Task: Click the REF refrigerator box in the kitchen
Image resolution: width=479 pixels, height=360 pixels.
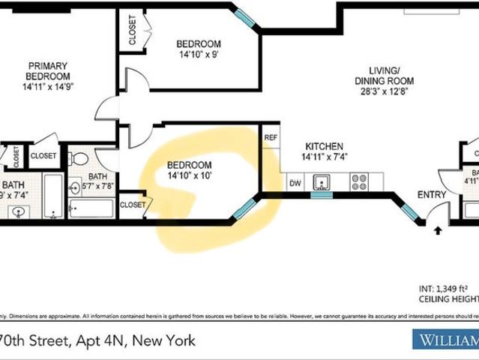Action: (271, 137)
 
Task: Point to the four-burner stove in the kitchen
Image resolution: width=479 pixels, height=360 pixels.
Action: (359, 181)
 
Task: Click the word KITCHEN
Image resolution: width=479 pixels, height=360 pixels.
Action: (324, 146)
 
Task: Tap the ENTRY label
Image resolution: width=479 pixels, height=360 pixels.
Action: (432, 195)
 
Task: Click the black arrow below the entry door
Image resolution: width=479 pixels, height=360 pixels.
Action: (438, 231)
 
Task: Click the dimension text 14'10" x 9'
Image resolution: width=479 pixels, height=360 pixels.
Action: (199, 55)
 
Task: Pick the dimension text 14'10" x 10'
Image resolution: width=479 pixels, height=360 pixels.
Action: (190, 176)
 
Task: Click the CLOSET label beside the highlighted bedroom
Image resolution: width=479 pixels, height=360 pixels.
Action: (133, 204)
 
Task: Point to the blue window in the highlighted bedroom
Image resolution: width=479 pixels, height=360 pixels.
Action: (244, 208)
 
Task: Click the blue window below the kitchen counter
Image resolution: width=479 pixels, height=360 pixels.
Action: (322, 195)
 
